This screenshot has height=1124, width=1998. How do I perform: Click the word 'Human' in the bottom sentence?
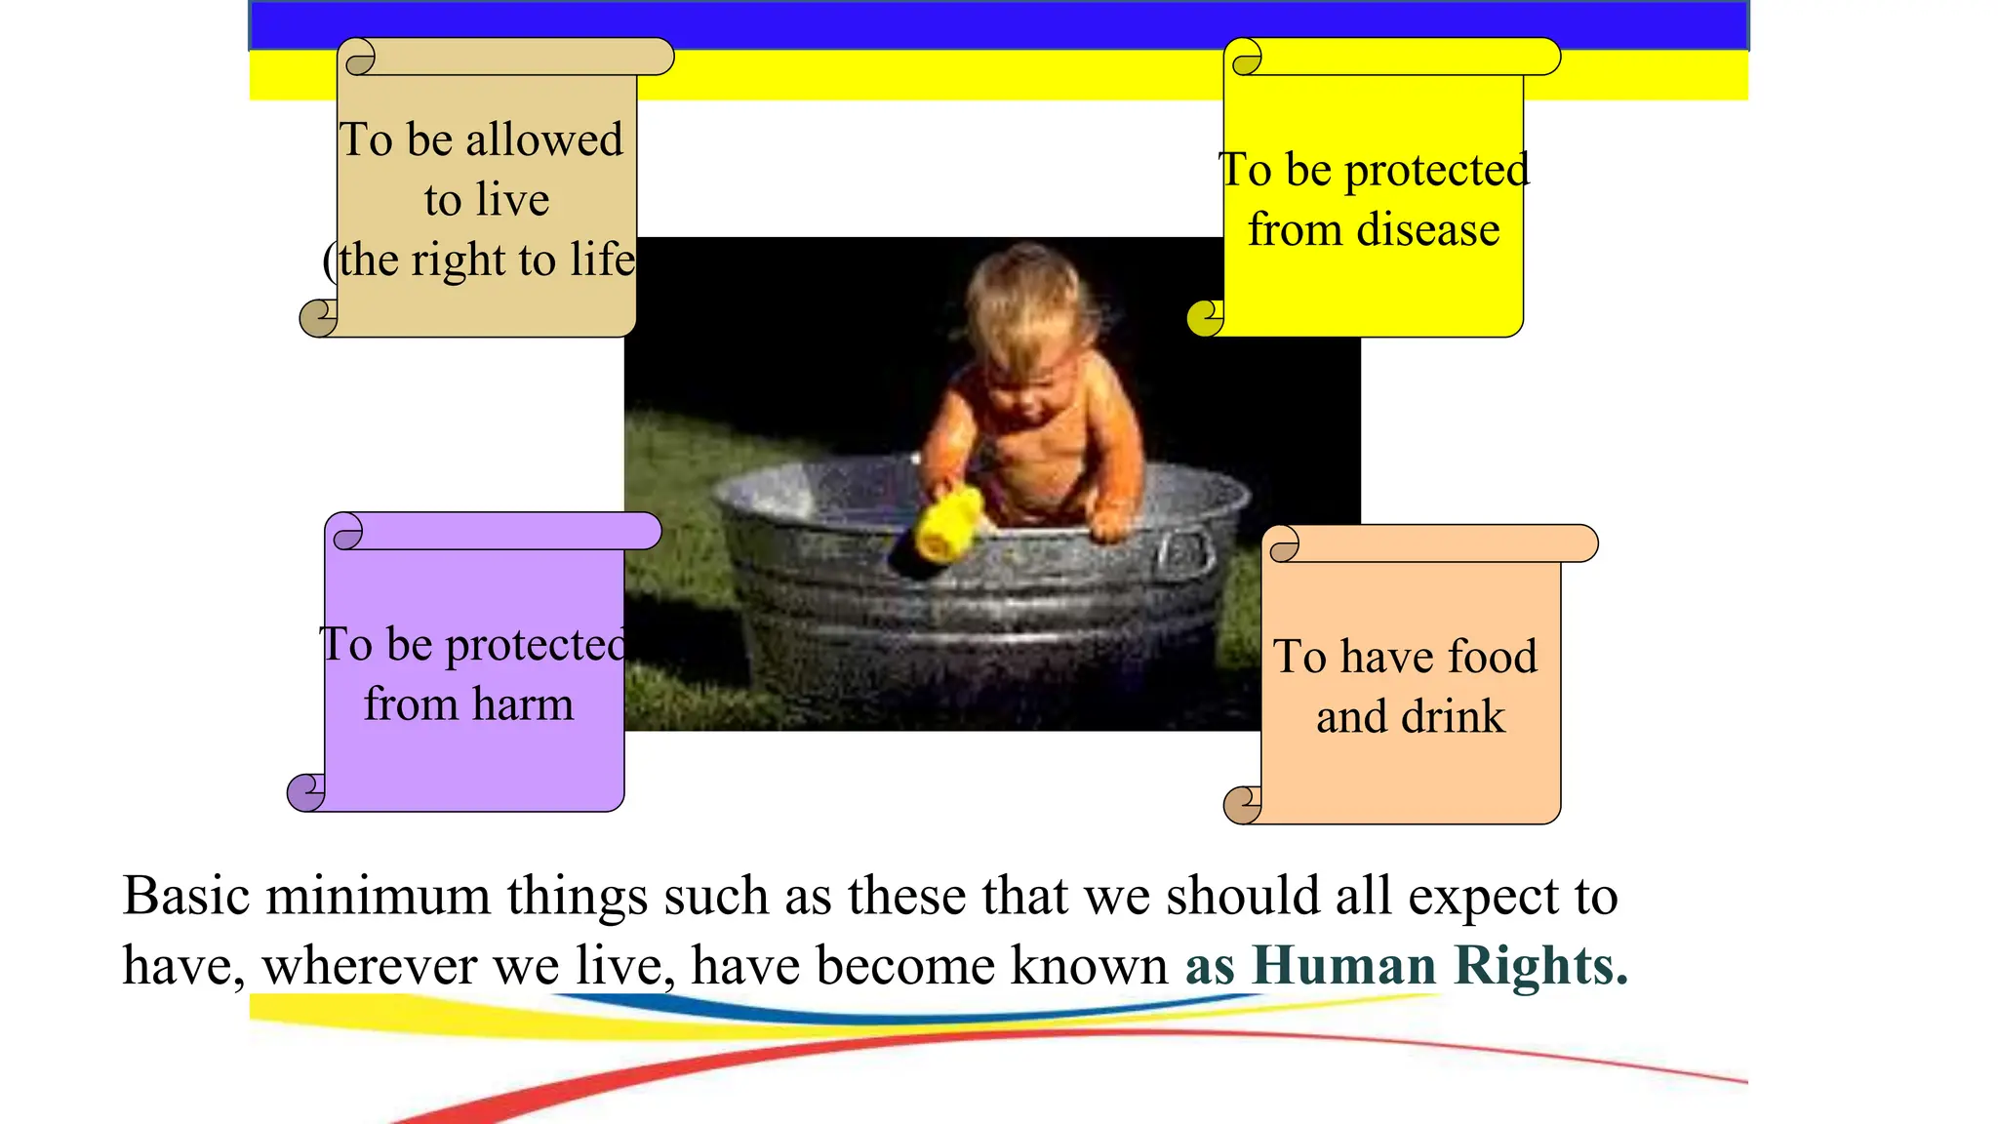[1343, 965]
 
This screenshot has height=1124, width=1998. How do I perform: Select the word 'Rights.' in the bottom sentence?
[1540, 965]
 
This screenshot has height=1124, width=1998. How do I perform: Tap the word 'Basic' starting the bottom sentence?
[185, 896]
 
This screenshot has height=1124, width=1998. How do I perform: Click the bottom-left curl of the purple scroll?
[305, 792]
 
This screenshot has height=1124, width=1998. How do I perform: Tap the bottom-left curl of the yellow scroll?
[1205, 317]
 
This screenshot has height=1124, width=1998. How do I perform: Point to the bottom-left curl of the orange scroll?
[1242, 805]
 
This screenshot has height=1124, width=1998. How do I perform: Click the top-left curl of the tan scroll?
[360, 59]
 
